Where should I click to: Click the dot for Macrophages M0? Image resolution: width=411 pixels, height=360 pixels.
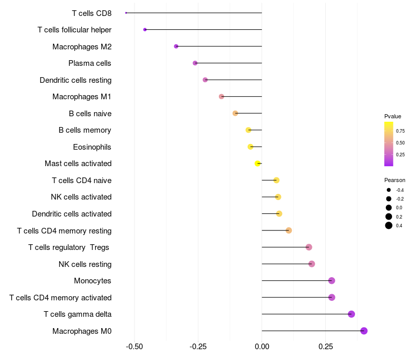[x=364, y=331]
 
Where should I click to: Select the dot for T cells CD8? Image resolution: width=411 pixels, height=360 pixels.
[x=126, y=13]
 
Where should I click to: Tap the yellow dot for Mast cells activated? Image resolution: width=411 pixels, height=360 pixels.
[x=258, y=164]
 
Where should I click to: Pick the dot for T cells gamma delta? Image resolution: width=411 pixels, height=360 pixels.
[x=351, y=314]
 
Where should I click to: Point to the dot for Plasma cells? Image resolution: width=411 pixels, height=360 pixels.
[x=195, y=63]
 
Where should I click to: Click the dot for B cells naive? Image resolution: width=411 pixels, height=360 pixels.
[x=235, y=113]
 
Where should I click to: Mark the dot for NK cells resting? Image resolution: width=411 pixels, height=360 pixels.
[x=311, y=264]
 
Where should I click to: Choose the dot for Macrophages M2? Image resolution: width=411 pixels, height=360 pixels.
[x=176, y=46]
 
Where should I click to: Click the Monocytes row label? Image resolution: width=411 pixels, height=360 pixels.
[x=92, y=281]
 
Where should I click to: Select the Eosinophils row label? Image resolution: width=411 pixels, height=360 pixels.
[x=92, y=147]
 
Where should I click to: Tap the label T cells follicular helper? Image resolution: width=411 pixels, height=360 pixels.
[x=74, y=30]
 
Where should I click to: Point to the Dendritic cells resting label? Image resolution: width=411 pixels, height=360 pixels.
[x=76, y=80]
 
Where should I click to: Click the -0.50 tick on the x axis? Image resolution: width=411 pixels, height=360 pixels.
[x=134, y=347]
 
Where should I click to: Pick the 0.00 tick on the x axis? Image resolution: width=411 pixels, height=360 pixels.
[x=262, y=347]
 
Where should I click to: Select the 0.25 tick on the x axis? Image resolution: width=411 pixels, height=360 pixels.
[x=325, y=347]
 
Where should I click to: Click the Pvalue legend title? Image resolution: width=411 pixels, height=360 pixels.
[x=393, y=117]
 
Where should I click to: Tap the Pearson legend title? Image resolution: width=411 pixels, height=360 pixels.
[x=395, y=181]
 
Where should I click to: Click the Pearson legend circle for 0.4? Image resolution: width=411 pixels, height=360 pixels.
[x=389, y=225]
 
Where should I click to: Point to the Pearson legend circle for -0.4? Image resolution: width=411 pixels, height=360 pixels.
[x=389, y=190]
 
